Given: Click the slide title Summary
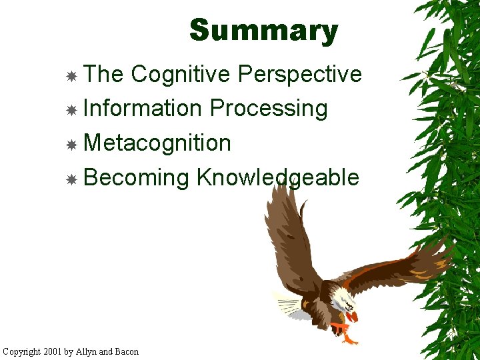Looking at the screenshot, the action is (264, 31).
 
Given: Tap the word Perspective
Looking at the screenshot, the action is (299, 74).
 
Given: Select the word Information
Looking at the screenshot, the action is (143, 108).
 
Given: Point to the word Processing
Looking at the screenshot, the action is (269, 109).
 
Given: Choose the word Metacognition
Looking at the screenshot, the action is (157, 143).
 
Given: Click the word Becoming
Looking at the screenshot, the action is (137, 177).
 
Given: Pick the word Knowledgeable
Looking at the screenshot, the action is (277, 177).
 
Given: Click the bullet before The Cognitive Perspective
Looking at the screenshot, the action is (71, 76).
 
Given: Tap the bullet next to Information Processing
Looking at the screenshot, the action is (71, 110).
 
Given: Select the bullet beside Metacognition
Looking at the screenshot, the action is (71, 145).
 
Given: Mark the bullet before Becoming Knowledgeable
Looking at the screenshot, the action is (71, 179).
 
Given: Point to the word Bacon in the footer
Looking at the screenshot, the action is (127, 351).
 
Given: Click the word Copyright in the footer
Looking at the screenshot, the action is (22, 351).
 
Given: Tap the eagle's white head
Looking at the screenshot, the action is (343, 298).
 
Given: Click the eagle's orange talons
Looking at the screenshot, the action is (343, 330).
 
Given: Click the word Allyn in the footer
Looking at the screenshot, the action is (88, 351).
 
